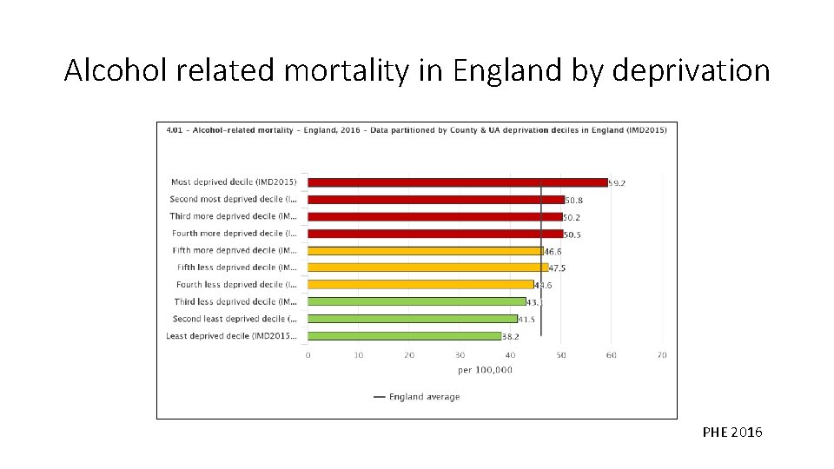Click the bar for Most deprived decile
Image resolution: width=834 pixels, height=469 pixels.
(x=458, y=182)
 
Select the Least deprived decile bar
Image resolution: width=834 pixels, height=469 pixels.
(x=405, y=336)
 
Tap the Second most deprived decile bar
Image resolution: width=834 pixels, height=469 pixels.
(x=436, y=200)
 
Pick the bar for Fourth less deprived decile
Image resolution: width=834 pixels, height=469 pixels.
(x=420, y=285)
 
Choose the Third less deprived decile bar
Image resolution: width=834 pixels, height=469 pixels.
(x=417, y=301)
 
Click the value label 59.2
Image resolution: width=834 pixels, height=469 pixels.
(x=618, y=183)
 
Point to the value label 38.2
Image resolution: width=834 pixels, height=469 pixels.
(x=511, y=336)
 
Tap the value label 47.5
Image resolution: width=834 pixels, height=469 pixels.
(x=557, y=268)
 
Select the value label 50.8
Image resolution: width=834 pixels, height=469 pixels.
(x=573, y=200)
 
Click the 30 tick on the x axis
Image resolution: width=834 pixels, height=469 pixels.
(x=460, y=355)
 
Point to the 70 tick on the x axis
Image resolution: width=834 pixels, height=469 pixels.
(x=662, y=355)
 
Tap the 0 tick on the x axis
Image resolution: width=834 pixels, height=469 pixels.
(x=308, y=355)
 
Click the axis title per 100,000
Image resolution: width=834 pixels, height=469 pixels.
(x=485, y=370)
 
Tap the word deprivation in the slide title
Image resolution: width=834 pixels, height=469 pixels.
(x=691, y=70)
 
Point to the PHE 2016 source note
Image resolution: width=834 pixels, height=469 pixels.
(x=731, y=432)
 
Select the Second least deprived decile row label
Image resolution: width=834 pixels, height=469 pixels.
(x=235, y=319)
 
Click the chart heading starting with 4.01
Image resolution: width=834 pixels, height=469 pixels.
(x=416, y=130)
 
